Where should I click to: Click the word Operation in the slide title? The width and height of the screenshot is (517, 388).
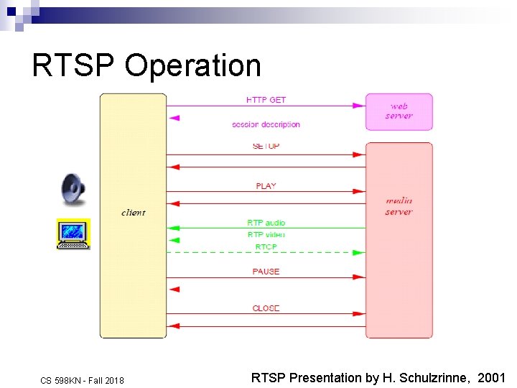(x=192, y=66)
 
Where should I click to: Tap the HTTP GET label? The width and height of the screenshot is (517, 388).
(x=266, y=100)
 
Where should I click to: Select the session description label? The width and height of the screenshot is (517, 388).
(x=266, y=124)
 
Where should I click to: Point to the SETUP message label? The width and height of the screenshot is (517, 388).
(x=266, y=147)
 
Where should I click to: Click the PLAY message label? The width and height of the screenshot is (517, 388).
(x=266, y=186)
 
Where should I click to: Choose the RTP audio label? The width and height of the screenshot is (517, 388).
(x=266, y=223)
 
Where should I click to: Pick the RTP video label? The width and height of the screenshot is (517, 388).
(x=266, y=234)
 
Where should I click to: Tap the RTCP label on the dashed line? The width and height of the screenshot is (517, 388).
(x=266, y=246)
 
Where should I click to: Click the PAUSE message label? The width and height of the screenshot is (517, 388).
(x=266, y=272)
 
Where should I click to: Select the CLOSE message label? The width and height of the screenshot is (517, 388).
(x=266, y=308)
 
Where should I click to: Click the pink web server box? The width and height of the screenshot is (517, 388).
(x=399, y=111)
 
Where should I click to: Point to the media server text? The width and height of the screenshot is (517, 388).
(x=399, y=206)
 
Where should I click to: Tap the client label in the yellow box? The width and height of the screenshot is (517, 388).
(x=133, y=213)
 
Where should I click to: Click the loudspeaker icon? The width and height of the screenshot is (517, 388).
(x=73, y=189)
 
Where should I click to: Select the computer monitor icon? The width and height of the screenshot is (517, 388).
(x=73, y=234)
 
